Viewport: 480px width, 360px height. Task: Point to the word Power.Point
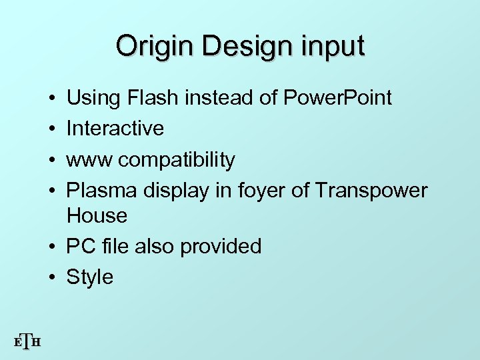(x=338, y=99)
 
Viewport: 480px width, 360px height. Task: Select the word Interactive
(x=115, y=129)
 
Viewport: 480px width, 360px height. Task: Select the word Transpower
(x=371, y=191)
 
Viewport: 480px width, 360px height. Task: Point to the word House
(x=97, y=215)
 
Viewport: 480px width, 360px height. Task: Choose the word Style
(x=90, y=277)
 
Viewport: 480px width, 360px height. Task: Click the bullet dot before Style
(x=52, y=277)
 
